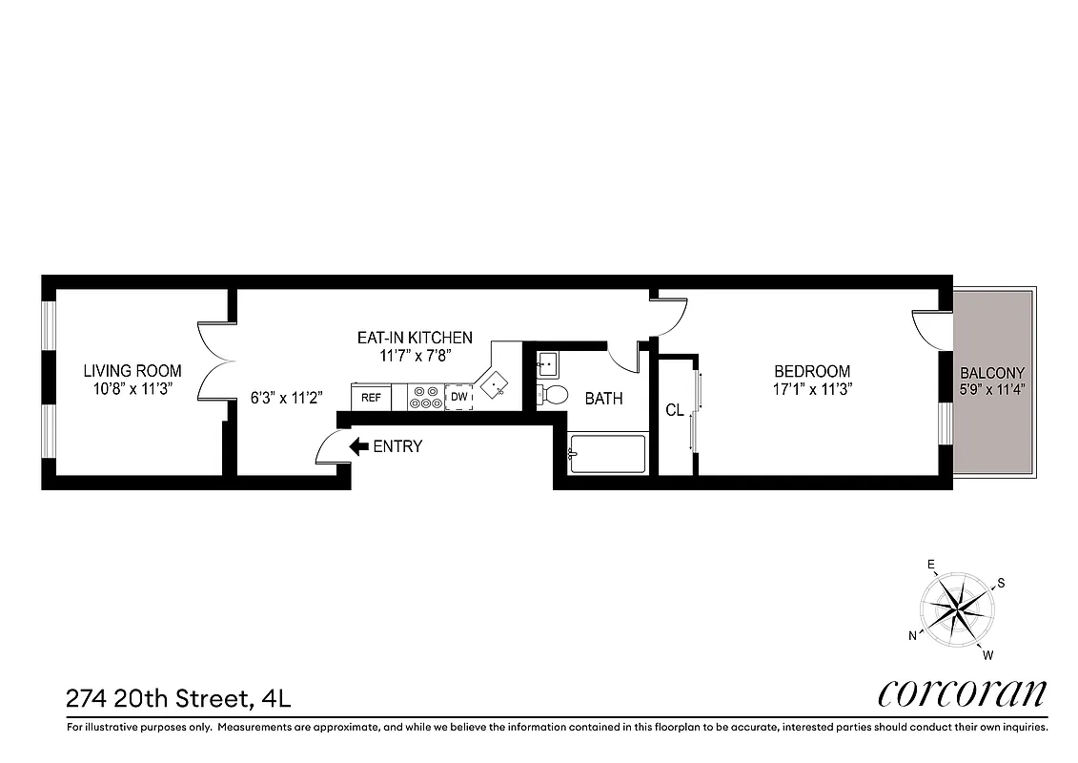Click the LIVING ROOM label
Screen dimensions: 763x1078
(132, 371)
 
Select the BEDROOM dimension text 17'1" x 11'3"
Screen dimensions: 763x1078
(811, 389)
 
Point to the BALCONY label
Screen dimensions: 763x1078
(992, 373)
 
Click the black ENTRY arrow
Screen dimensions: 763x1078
(359, 445)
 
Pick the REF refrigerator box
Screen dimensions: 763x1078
(371, 397)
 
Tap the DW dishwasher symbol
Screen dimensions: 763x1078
(458, 397)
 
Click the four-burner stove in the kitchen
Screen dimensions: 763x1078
(425, 397)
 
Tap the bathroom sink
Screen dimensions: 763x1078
(547, 364)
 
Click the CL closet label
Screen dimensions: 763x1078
(675, 410)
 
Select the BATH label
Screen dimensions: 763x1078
(603, 399)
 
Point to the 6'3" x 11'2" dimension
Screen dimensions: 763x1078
(287, 398)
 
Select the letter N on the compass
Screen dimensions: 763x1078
(912, 635)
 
